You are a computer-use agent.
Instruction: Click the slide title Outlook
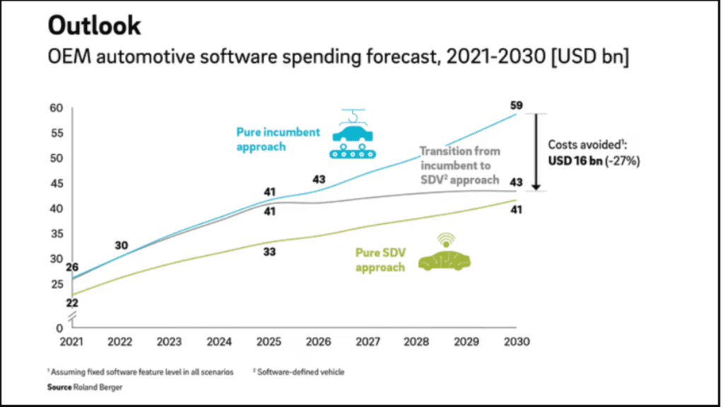(95, 26)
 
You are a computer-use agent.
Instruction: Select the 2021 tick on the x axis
(72, 342)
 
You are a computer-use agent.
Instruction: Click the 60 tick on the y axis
(57, 108)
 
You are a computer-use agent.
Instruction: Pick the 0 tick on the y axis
(59, 327)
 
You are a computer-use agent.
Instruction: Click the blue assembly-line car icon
(354, 134)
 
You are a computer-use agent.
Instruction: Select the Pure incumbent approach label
(278, 139)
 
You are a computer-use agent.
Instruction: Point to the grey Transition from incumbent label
(459, 165)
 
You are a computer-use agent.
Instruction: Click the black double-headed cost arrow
(536, 151)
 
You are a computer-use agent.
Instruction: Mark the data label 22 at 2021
(72, 303)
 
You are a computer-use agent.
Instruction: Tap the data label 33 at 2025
(269, 252)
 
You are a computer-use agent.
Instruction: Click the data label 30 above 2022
(121, 246)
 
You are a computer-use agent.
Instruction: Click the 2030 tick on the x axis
(516, 342)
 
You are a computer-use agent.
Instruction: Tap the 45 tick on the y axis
(57, 184)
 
